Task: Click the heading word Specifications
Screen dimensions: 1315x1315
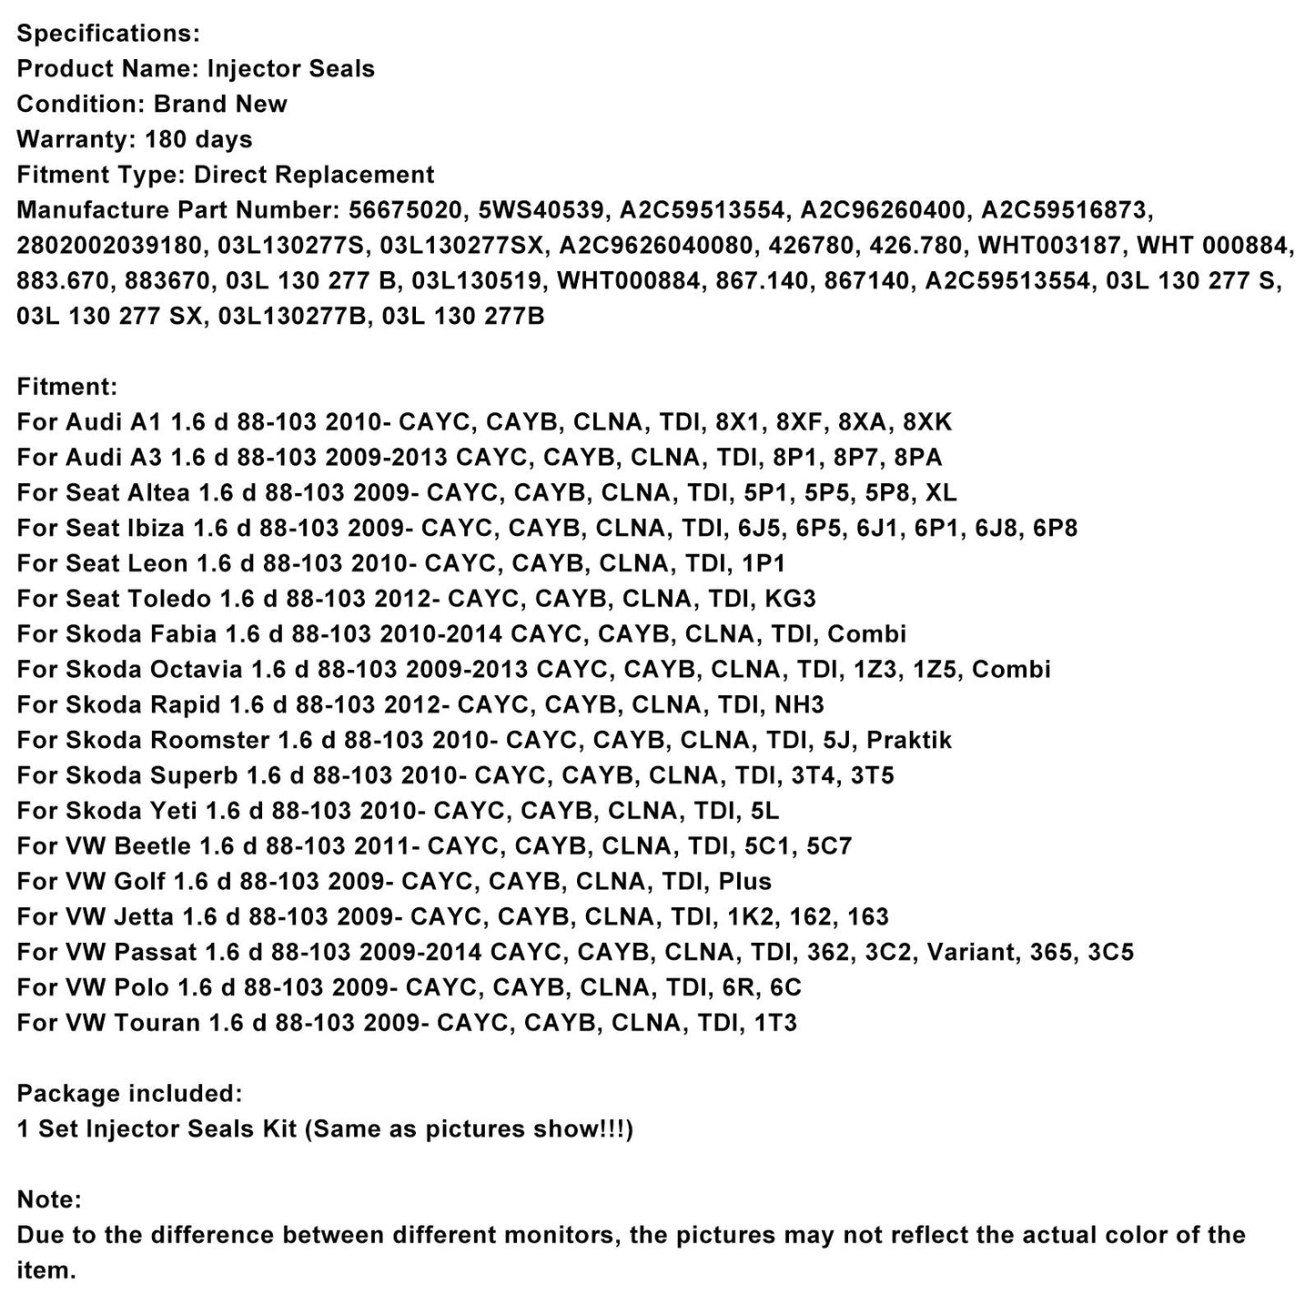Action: pyautogui.click(x=107, y=34)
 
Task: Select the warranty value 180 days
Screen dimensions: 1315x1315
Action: pyautogui.click(x=198, y=140)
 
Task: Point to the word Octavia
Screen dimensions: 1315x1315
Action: pyautogui.click(x=196, y=671)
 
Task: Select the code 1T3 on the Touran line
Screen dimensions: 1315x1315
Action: pyautogui.click(x=775, y=1024)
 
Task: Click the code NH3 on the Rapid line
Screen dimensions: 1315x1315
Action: pyautogui.click(x=800, y=706)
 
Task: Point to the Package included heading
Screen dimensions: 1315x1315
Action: pyautogui.click(x=129, y=1094)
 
